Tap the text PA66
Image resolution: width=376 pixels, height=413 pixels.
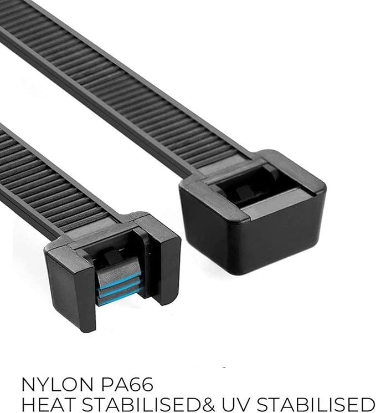127,384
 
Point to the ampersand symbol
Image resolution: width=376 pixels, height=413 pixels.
208,404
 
